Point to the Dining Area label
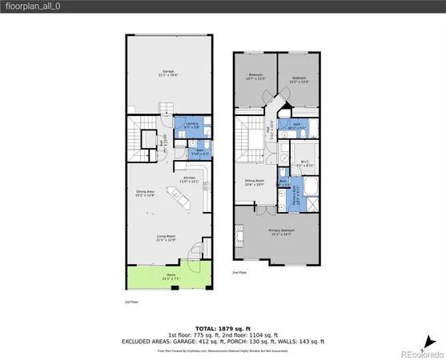click(144, 192)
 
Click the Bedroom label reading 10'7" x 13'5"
click(255, 77)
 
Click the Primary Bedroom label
click(280, 234)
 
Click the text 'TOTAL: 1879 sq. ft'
click(223, 327)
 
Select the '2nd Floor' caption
click(239, 272)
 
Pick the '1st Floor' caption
click(131, 302)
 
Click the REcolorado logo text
click(420, 353)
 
